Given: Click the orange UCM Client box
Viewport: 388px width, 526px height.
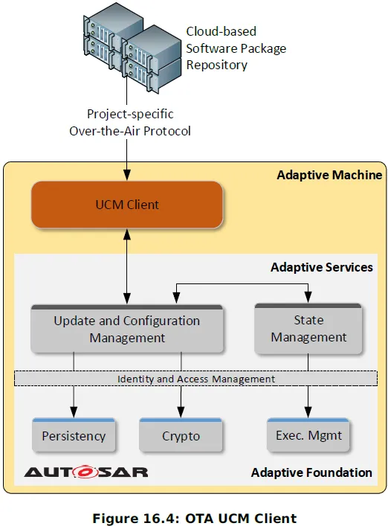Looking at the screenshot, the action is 127,205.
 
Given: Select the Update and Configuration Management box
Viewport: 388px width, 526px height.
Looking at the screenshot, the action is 127,329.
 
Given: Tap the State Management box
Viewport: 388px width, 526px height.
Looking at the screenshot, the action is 308,329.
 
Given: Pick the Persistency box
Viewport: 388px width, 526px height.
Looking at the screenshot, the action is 74,435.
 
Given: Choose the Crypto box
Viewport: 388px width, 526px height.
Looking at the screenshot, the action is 181,435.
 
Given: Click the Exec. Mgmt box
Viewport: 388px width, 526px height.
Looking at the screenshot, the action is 308,434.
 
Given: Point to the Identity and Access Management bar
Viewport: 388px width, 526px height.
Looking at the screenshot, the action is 195,379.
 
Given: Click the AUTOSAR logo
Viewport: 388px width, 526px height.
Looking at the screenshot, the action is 86,472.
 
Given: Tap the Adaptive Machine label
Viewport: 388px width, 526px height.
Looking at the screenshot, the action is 329,175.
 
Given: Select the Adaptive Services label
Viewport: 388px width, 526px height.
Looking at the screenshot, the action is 322,267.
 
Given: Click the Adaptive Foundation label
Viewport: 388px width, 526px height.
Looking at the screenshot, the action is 311,472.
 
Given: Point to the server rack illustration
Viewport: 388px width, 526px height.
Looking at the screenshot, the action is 132,48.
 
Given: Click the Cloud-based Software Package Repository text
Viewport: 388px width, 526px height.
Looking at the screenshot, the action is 236,48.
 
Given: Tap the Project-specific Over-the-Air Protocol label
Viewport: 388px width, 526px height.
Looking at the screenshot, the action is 130,123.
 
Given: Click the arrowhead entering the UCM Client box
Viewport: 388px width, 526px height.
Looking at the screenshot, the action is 127,175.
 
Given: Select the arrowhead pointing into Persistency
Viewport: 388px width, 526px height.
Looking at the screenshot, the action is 74,412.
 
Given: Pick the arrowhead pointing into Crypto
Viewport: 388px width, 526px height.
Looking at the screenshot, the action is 181,412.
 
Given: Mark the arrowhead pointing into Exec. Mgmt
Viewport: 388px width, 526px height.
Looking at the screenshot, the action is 308,412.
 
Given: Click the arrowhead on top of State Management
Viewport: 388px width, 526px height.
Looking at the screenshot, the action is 308,297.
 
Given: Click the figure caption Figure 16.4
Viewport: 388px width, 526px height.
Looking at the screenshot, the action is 194,519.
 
